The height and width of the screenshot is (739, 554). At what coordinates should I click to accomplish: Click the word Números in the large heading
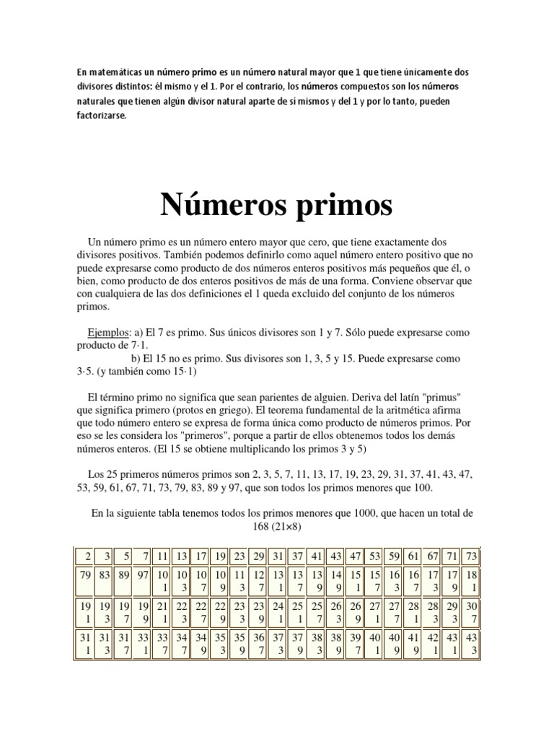220,205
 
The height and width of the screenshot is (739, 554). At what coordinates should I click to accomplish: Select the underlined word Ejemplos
107,333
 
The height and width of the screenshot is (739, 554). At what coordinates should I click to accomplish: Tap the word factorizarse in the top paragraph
101,115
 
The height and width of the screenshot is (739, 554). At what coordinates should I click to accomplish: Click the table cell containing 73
471,556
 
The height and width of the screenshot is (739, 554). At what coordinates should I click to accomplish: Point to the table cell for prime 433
471,645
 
